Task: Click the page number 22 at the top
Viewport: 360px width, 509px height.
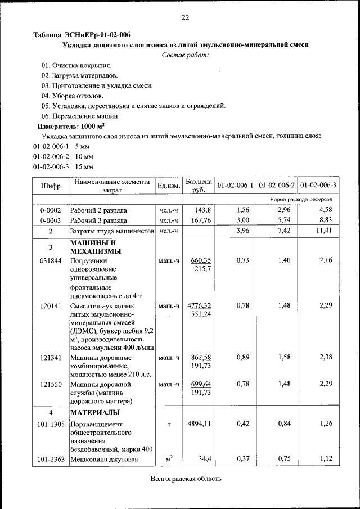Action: coord(185,18)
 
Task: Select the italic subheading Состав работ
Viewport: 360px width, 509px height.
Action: coord(185,55)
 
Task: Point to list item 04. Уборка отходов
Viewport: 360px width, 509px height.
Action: coord(72,96)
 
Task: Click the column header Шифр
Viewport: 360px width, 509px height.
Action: coord(51,186)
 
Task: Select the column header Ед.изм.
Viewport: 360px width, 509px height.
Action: coord(169,186)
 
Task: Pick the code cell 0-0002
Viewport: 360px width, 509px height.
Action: coord(51,210)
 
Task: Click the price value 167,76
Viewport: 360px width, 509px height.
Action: coord(201,220)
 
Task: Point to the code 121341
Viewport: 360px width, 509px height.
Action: coord(51,357)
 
